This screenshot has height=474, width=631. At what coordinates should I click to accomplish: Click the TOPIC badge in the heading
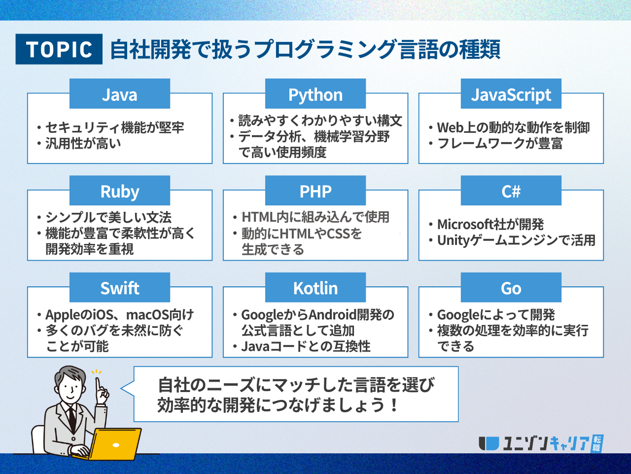point(59,49)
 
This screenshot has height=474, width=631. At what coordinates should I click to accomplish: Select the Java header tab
point(120,93)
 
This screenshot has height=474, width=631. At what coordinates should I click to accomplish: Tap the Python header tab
point(315,93)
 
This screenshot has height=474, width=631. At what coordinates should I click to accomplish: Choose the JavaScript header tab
point(511,93)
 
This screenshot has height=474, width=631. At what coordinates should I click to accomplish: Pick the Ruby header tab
point(120,191)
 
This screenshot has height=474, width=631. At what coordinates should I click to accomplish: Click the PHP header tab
point(315,191)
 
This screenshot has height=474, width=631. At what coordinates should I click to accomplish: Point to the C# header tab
point(511,191)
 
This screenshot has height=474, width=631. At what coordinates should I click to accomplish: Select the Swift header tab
point(120,287)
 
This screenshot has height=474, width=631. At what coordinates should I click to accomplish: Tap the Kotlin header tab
point(315,287)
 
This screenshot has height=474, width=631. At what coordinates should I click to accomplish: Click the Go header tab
point(511,287)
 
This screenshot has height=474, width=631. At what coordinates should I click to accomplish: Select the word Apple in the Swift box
point(62,315)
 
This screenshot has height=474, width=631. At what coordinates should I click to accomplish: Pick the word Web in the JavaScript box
point(450,128)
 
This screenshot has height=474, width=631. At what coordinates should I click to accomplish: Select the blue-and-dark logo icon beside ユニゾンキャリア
point(489,443)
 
